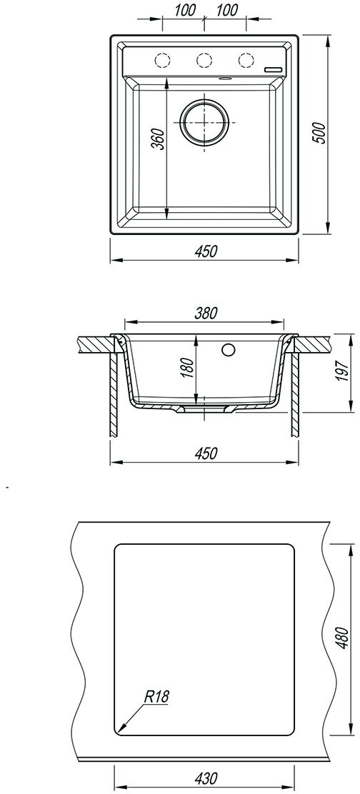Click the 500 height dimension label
[x=321, y=134]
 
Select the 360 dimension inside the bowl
[x=158, y=139]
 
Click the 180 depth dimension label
[x=187, y=368]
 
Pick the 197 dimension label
[x=344, y=373]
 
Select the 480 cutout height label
[x=343, y=638]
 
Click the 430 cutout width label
[x=206, y=778]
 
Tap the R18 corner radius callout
[x=156, y=697]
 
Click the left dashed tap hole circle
[x=163, y=60]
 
